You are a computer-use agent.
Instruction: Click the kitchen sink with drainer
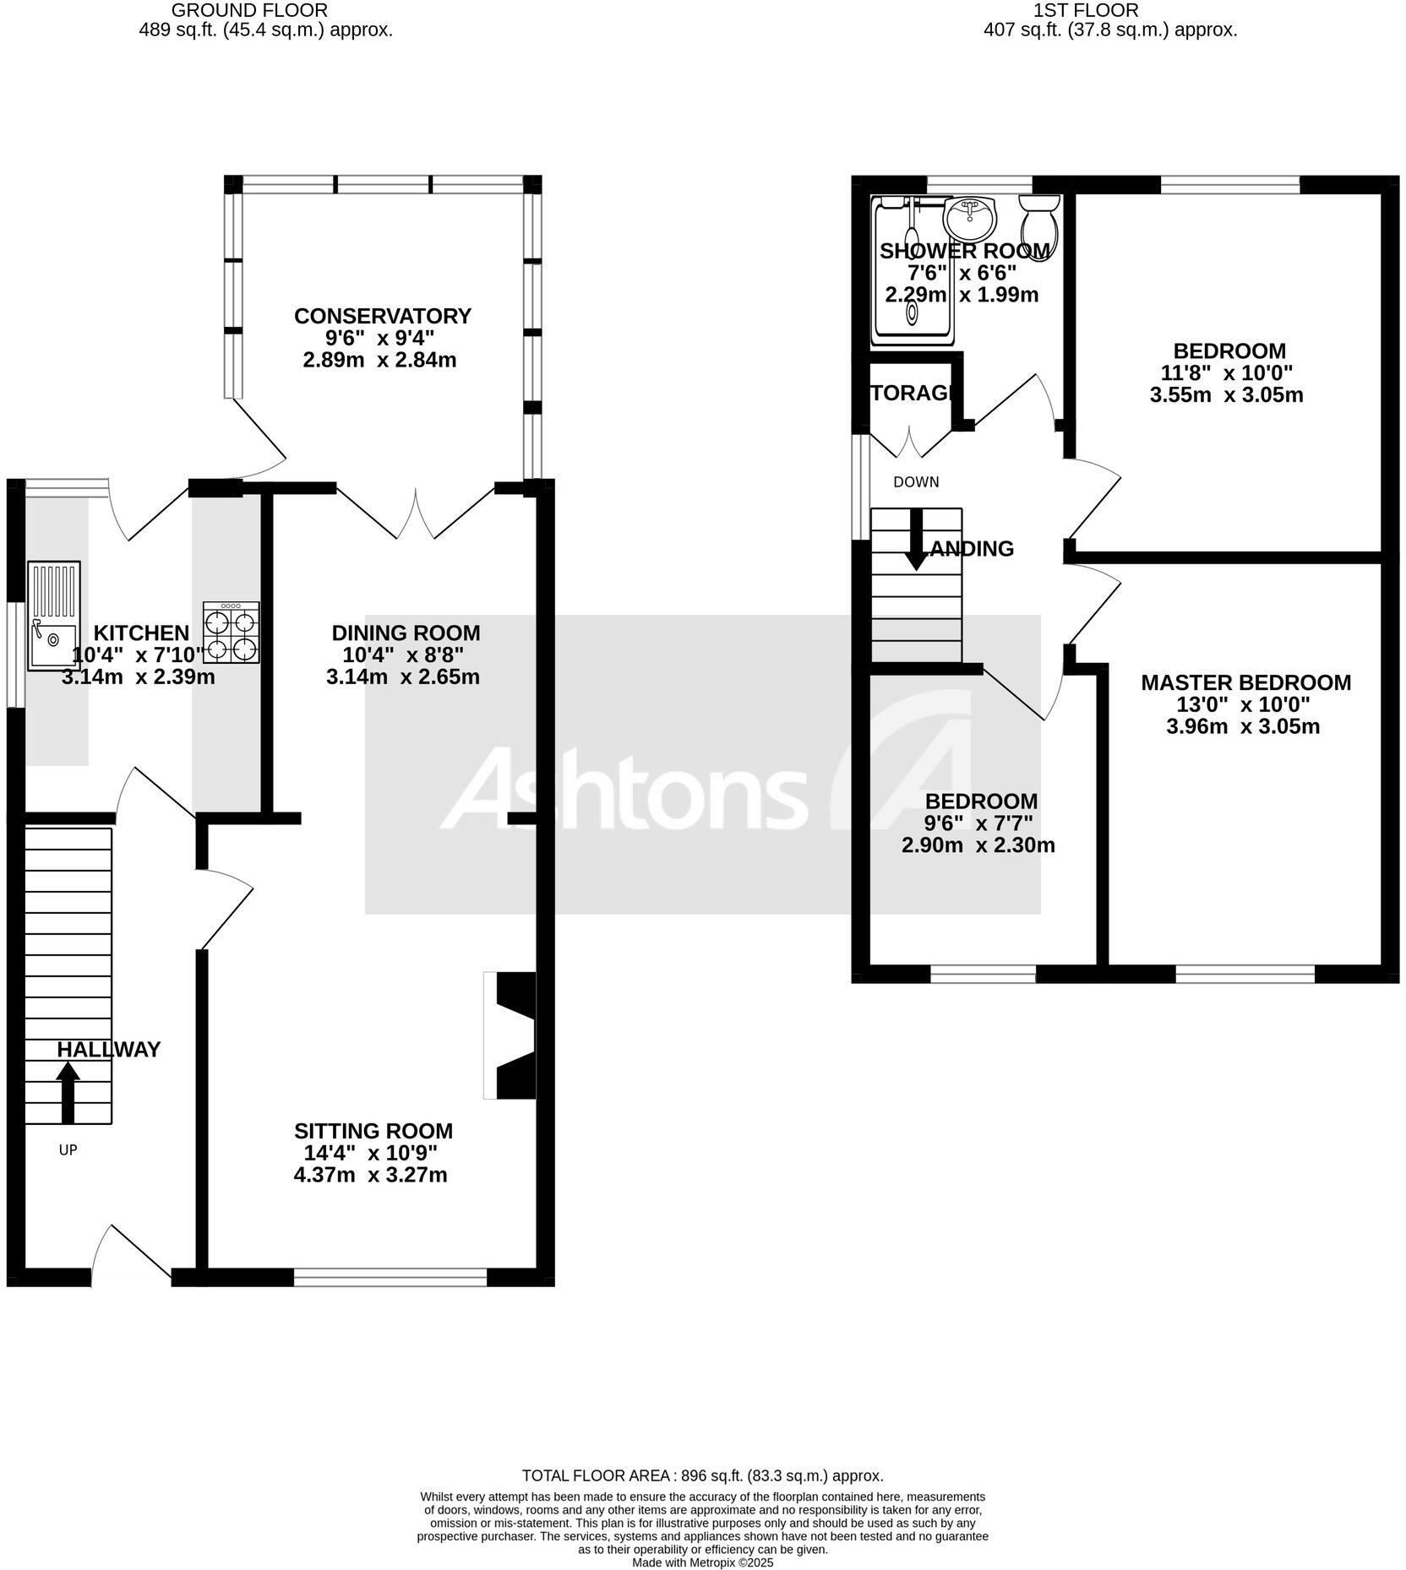[54, 616]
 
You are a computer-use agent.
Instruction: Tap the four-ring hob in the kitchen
[232, 632]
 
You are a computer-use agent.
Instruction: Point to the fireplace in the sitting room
[512, 1035]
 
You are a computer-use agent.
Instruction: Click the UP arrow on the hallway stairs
[68, 1092]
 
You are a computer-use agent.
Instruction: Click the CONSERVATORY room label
[382, 316]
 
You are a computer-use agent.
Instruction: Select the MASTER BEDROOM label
[1245, 682]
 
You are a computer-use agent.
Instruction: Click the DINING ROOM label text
[406, 633]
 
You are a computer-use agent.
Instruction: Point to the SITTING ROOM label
[373, 1131]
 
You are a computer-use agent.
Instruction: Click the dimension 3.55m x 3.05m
[1226, 394]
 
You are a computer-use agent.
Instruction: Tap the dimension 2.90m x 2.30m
[978, 845]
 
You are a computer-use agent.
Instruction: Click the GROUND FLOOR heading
[249, 10]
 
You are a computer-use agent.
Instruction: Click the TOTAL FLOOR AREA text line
[702, 1475]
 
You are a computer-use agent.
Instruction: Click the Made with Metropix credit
[702, 1562]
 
